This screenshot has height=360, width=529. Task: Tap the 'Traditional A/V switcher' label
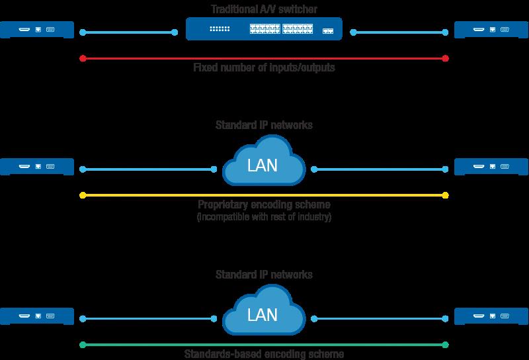[x=263, y=9]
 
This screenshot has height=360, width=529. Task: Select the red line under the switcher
[x=264, y=58]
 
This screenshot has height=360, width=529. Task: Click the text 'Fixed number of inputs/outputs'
[x=264, y=68]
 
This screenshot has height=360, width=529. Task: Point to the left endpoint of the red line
[x=82, y=58]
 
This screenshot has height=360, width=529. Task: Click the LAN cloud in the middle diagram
[x=263, y=165]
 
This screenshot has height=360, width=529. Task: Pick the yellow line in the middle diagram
[x=264, y=195]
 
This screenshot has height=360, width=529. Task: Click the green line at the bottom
[x=264, y=344]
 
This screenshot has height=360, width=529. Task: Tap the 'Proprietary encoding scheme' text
[x=264, y=205]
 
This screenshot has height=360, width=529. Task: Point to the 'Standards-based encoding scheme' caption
[x=264, y=355]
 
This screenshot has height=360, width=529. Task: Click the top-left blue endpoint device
[x=36, y=30]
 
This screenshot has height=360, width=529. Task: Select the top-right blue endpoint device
[x=492, y=30]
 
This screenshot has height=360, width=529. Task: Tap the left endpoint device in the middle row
[x=36, y=167]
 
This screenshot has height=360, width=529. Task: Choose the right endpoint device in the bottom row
[x=492, y=316]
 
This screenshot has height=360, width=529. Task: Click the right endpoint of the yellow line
[x=446, y=195]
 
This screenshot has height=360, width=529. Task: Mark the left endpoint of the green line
[x=82, y=344]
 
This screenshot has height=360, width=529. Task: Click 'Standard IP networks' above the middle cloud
[x=263, y=125]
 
